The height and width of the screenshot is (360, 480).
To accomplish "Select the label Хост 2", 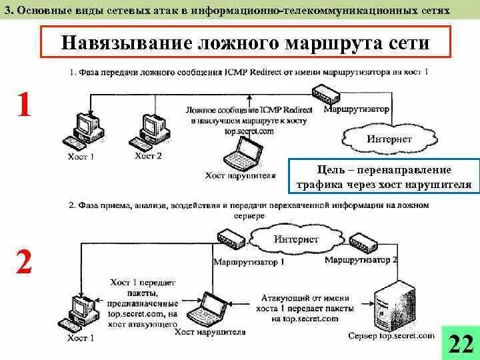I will tap(148, 156).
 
